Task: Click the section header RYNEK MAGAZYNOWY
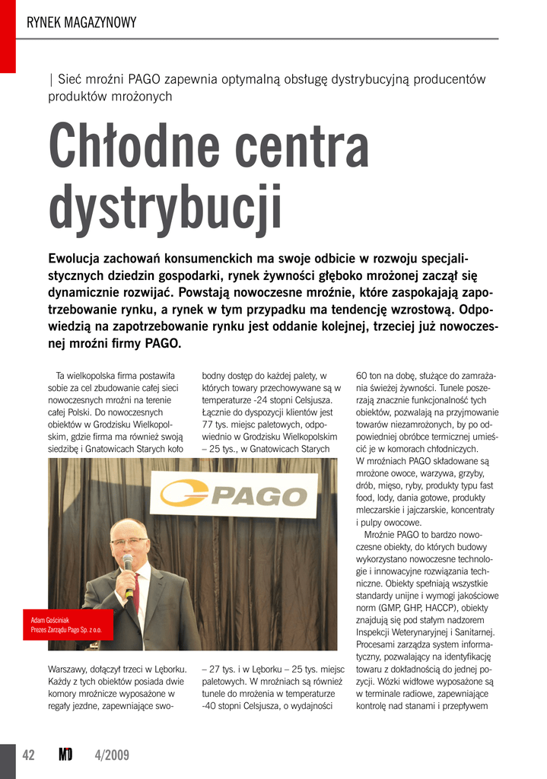tap(81, 23)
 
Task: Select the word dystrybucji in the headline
tap(165, 206)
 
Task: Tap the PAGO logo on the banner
tap(237, 495)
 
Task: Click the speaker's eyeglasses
tap(128, 542)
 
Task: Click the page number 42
tap(29, 755)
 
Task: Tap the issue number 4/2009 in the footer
tap(112, 755)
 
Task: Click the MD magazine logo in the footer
tap(65, 755)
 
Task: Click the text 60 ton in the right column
tap(372, 376)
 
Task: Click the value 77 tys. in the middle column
tap(218, 424)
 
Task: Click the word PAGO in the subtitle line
tap(143, 79)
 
